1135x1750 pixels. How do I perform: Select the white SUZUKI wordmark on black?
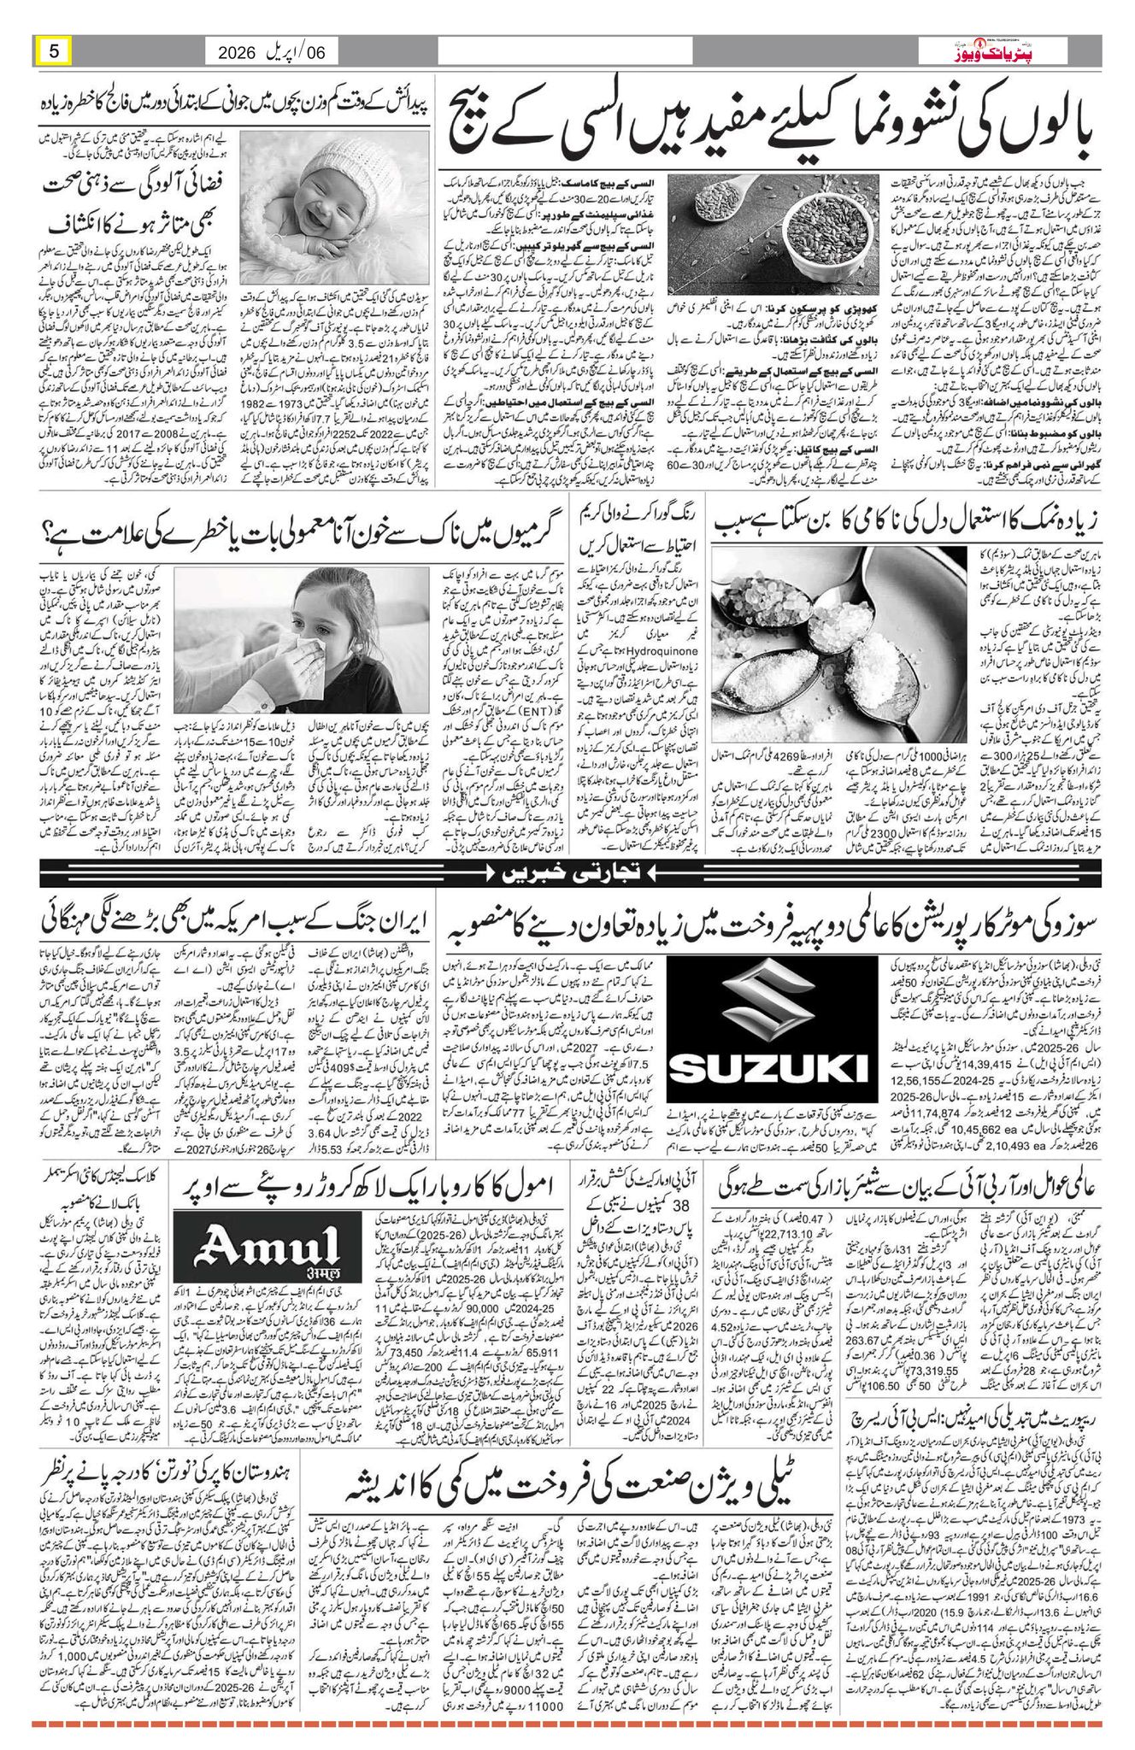click(x=770, y=1067)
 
